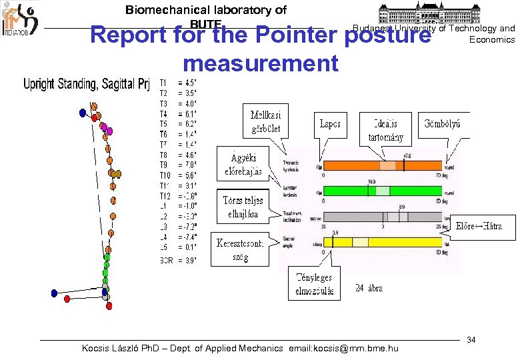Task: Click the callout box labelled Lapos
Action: pos(330,124)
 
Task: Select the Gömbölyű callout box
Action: pos(444,124)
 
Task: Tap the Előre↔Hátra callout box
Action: pos(484,227)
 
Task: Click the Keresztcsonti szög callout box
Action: pos(240,248)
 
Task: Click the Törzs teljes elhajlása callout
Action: pos(243,207)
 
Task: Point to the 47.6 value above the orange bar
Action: pos(407,155)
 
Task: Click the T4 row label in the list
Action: pos(164,113)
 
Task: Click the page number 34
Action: pos(471,340)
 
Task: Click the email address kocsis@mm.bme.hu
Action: pos(351,348)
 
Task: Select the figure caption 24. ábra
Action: pos(369,288)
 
